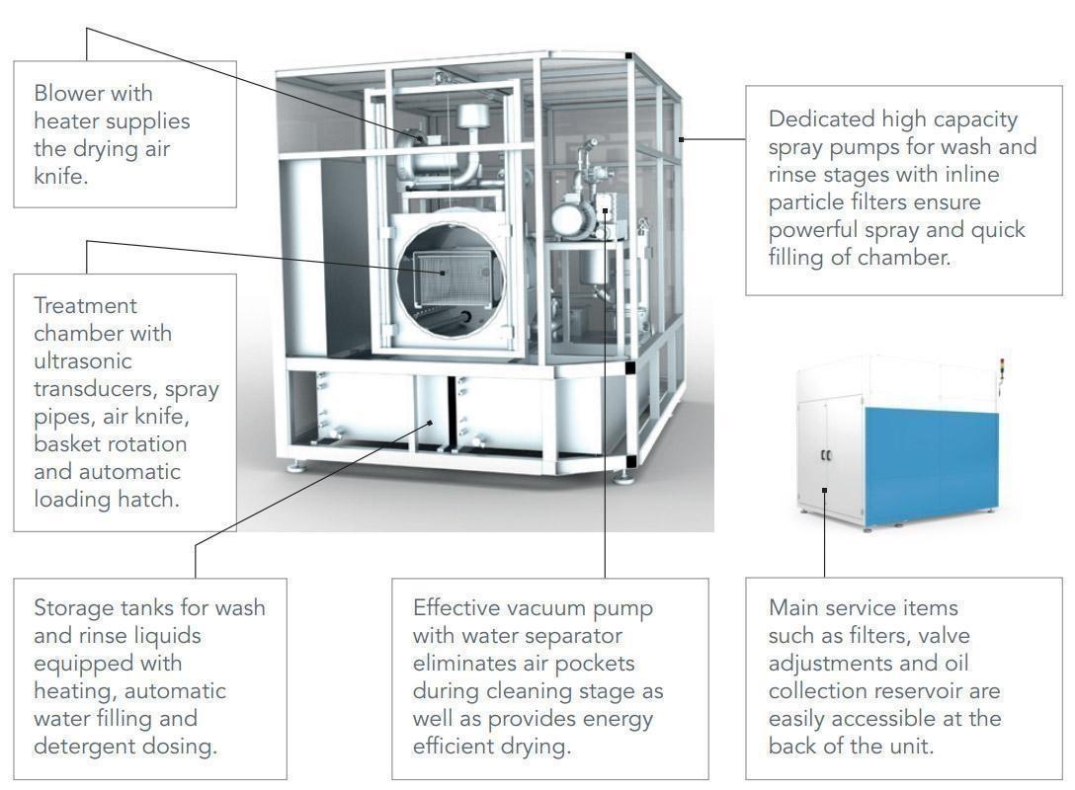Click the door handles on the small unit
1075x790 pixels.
coord(826,455)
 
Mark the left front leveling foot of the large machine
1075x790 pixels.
coord(297,465)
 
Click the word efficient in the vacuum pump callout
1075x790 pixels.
coord(462,746)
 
